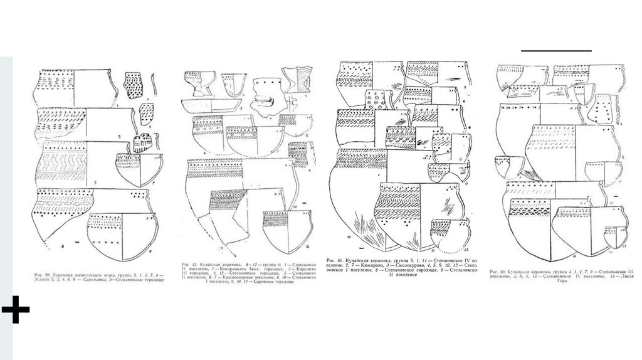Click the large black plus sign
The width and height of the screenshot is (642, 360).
tap(15, 312)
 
